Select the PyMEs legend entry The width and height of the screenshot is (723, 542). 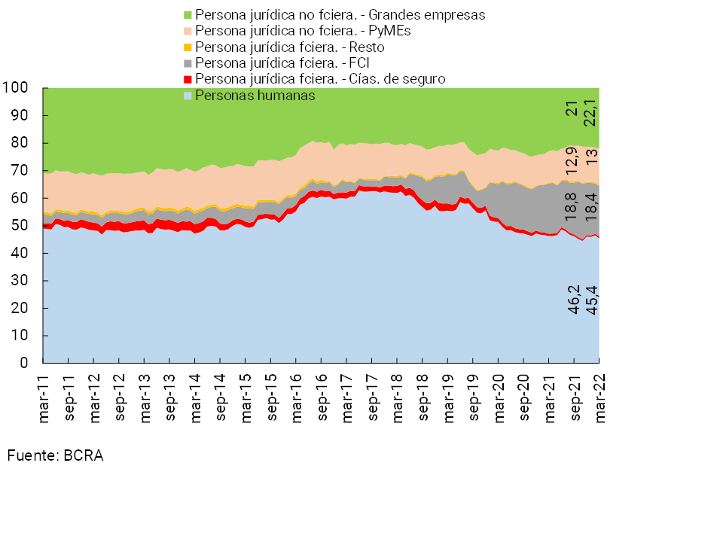[301, 31]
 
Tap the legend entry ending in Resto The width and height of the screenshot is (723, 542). [290, 47]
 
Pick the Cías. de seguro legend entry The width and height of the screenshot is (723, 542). [319, 79]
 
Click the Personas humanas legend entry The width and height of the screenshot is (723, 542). [254, 95]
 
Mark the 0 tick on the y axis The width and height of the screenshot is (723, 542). [24, 363]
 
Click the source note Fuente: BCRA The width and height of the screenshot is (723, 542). [55, 456]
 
